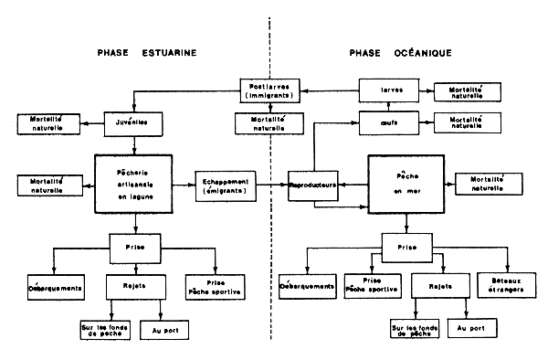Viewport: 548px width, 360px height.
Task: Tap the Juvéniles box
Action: click(x=133, y=121)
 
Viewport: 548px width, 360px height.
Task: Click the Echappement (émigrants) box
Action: click(x=226, y=184)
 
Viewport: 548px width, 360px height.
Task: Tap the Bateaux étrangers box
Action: click(x=504, y=288)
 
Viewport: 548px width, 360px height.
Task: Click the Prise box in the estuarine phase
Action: click(x=134, y=247)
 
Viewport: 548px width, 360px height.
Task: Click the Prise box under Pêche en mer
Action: click(x=406, y=247)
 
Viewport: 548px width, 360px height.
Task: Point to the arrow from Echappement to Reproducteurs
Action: click(x=272, y=185)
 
